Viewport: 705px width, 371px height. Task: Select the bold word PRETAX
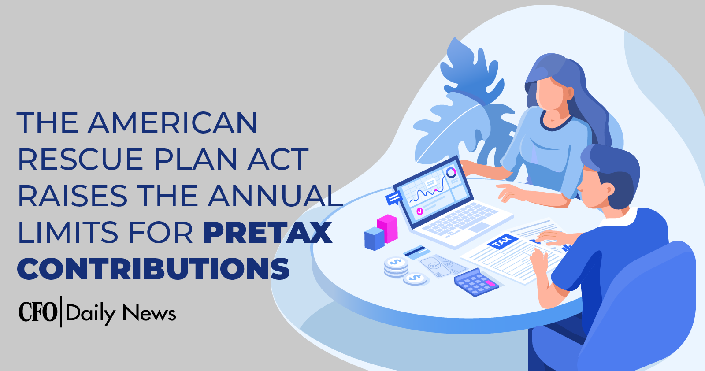[x=267, y=232]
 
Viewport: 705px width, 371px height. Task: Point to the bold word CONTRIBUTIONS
[x=153, y=269]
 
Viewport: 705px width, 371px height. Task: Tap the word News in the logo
[x=149, y=313]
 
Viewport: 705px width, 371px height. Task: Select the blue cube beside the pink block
[x=374, y=239]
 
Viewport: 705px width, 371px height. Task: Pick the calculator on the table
[x=476, y=282]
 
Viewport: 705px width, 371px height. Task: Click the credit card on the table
[x=417, y=252]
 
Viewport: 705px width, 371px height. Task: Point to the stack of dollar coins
[x=396, y=266]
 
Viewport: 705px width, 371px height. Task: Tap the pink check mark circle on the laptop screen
[x=419, y=211]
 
